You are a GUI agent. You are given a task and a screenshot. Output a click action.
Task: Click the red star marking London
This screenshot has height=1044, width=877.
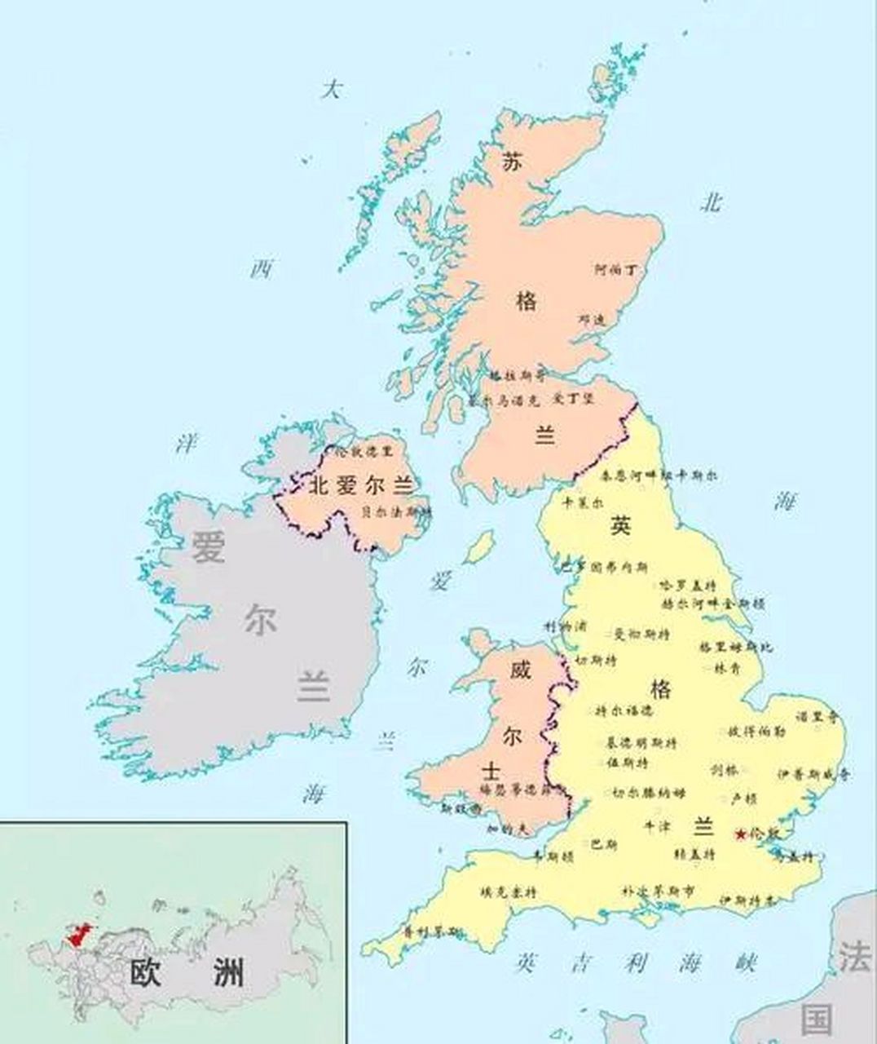(x=739, y=834)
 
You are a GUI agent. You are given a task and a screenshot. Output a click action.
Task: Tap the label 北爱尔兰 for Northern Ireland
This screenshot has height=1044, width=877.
(x=359, y=487)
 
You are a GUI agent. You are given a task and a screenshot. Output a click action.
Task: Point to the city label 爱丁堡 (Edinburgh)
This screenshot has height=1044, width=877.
(x=575, y=399)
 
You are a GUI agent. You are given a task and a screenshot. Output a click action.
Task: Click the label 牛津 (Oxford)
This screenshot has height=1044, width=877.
(x=658, y=826)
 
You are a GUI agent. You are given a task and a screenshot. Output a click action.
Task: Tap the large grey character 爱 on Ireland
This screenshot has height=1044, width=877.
(x=208, y=546)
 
